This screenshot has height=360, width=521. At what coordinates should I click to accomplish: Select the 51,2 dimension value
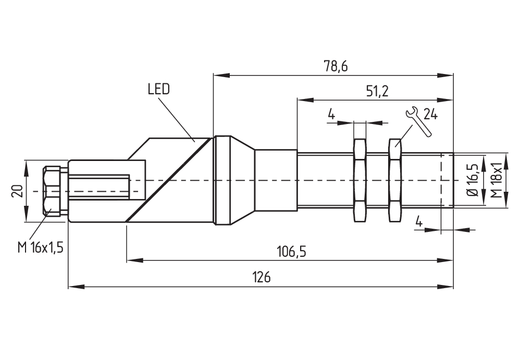tap(377, 91)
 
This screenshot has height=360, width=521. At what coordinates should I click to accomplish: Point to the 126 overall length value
tap(263, 277)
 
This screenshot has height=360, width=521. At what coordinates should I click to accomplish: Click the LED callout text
tap(158, 89)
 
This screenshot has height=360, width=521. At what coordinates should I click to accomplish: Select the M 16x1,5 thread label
tap(40, 247)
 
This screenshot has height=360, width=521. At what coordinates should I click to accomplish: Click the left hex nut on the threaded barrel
tap(359, 180)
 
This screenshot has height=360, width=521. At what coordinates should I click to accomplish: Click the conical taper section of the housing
tap(243, 180)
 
